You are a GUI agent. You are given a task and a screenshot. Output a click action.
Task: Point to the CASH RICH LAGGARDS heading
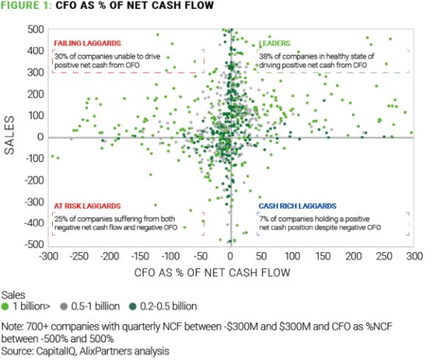[x=296, y=207]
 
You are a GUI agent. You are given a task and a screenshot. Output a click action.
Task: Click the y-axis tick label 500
[x=35, y=29]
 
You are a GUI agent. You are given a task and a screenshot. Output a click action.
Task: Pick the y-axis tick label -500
[x=33, y=244]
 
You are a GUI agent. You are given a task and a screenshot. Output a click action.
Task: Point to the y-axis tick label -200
[x=33, y=180]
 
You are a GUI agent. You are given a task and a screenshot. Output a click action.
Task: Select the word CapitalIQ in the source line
[x=53, y=351]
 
